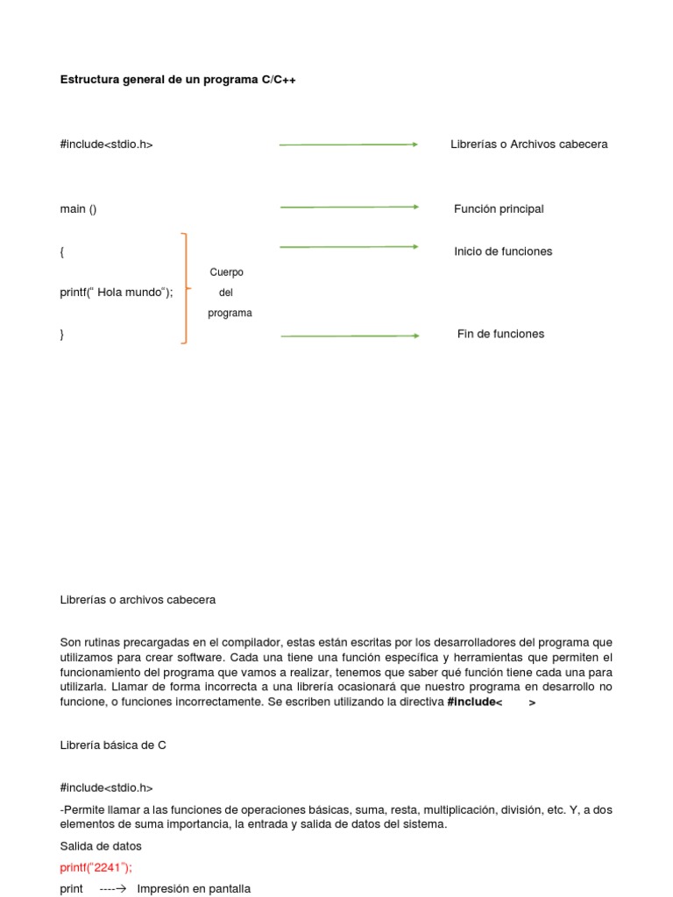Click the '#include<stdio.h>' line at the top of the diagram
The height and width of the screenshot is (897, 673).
106,145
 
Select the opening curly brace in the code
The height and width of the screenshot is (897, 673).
62,252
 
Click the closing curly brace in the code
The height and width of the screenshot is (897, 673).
62,335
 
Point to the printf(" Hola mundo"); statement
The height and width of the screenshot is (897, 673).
117,293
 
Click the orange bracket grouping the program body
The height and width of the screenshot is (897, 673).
184,288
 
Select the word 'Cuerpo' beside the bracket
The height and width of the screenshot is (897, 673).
226,272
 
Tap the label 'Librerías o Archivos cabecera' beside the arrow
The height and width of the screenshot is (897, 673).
528,145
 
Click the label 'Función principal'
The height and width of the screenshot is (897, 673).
499,209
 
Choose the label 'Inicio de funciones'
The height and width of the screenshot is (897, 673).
503,252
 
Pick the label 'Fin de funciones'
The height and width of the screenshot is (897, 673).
500,335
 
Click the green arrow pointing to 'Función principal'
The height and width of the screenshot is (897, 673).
349,208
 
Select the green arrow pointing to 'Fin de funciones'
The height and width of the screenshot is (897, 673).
349,335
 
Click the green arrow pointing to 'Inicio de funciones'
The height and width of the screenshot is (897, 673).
349,247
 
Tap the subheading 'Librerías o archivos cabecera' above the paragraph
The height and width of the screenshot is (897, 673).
138,600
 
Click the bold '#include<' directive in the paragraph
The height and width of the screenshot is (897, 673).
474,703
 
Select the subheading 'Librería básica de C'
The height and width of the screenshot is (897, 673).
113,745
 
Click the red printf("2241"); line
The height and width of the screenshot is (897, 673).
96,867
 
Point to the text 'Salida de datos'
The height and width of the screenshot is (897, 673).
101,846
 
